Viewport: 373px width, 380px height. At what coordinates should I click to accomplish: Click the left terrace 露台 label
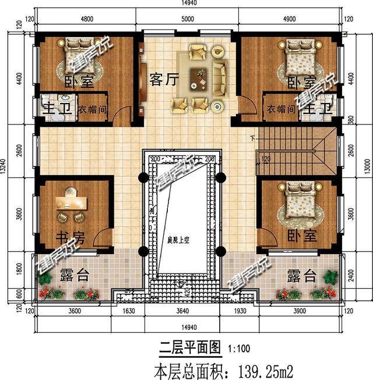(x=74, y=275)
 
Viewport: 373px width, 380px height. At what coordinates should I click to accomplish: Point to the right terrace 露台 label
(x=301, y=275)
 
